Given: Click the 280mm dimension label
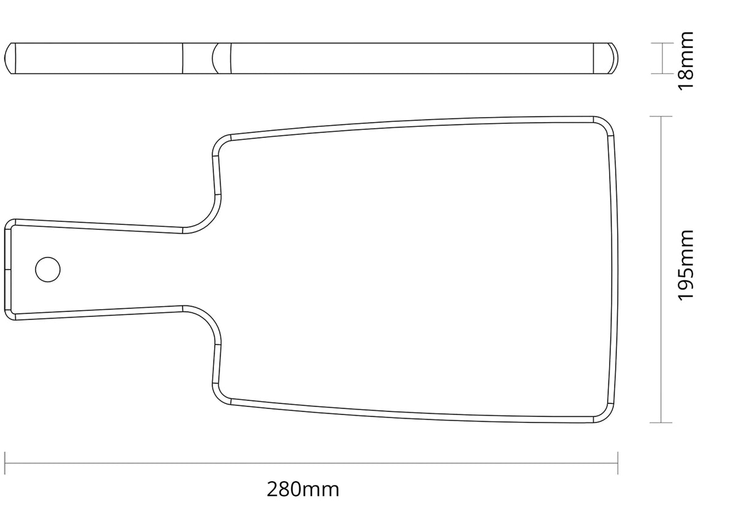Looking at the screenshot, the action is tap(302, 489).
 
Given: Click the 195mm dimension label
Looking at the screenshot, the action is tap(686, 265).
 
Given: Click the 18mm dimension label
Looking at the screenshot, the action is tap(686, 61).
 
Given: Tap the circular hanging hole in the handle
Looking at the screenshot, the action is tap(48, 269).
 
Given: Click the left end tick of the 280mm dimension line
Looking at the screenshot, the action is tap(5, 463).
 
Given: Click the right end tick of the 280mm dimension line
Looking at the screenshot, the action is tap(618, 463).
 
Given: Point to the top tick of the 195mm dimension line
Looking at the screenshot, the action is tap(661, 116).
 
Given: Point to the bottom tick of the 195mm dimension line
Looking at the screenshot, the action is tap(661, 422).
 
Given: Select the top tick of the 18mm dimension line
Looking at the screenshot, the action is tap(662, 43).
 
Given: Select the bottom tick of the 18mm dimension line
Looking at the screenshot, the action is tap(662, 74).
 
